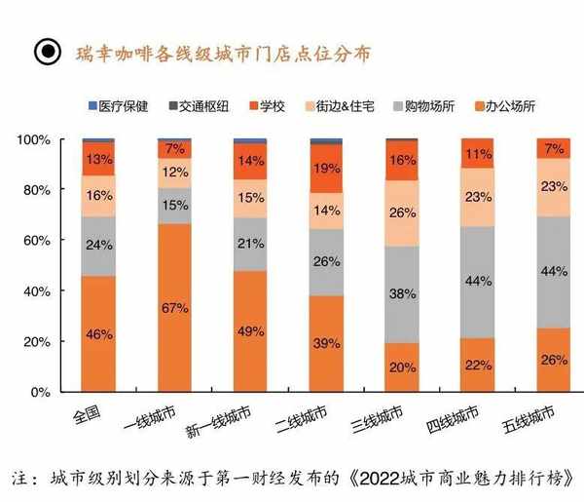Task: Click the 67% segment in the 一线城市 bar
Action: coord(174,308)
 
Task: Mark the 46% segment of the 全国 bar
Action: coord(98,334)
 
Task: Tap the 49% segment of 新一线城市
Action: coord(250,330)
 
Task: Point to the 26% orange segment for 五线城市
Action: coord(554,360)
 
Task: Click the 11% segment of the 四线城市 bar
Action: coord(478,154)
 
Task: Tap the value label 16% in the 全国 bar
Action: coord(98,196)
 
